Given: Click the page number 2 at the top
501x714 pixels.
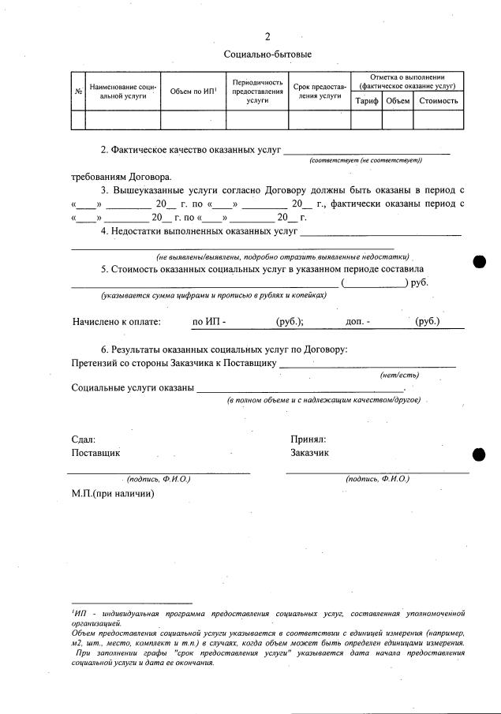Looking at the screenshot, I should [x=267, y=36].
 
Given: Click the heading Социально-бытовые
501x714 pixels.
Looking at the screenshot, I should [x=267, y=54].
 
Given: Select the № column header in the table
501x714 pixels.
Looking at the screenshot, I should [x=78, y=91].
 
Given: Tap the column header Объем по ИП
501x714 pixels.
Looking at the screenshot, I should [x=193, y=91].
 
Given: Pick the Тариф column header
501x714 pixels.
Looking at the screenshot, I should [x=367, y=101].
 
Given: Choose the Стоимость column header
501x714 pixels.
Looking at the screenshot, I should [x=438, y=101].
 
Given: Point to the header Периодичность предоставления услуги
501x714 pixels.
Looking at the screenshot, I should [x=256, y=91].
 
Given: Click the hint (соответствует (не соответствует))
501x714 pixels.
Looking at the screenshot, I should [x=366, y=160].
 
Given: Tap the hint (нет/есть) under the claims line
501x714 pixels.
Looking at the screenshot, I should [x=394, y=376].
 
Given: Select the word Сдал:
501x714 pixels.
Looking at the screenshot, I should [x=83, y=439].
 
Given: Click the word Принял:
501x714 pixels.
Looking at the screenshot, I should [x=308, y=439].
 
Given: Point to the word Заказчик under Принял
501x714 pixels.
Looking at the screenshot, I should [x=310, y=453].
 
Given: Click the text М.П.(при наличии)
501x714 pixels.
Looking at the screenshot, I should [x=112, y=494].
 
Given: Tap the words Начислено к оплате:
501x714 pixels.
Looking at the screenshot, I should [x=116, y=322].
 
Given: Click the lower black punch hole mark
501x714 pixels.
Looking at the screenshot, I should [x=477, y=454].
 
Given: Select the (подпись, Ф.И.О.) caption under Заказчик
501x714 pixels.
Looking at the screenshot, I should [x=377, y=479].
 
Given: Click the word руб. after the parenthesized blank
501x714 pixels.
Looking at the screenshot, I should [x=417, y=282].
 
